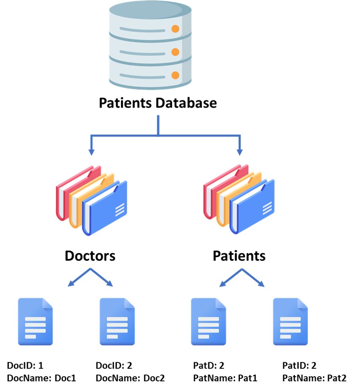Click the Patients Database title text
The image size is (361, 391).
coord(158,103)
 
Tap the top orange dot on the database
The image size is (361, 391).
coord(175,29)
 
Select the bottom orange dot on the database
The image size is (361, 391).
coord(175,76)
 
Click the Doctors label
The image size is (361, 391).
coord(90,255)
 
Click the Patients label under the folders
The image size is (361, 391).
coord(239,255)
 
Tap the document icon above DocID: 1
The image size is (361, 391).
coord(35,321)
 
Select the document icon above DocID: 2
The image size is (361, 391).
coord(117,321)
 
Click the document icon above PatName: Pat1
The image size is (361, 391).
coord(208,321)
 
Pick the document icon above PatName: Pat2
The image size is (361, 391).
coord(291,321)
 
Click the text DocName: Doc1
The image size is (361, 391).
coord(41,378)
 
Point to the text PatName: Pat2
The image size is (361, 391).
coord(314,378)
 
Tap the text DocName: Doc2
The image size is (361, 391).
coord(130,378)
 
